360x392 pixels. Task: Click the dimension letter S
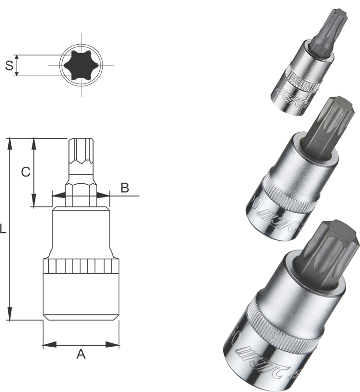pyautogui.click(x=8, y=65)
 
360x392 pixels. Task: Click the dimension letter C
pyautogui.click(x=25, y=172)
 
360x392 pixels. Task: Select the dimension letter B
pyautogui.click(x=124, y=188)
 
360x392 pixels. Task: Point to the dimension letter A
pyautogui.click(x=81, y=353)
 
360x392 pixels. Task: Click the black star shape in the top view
pyautogui.click(x=81, y=65)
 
